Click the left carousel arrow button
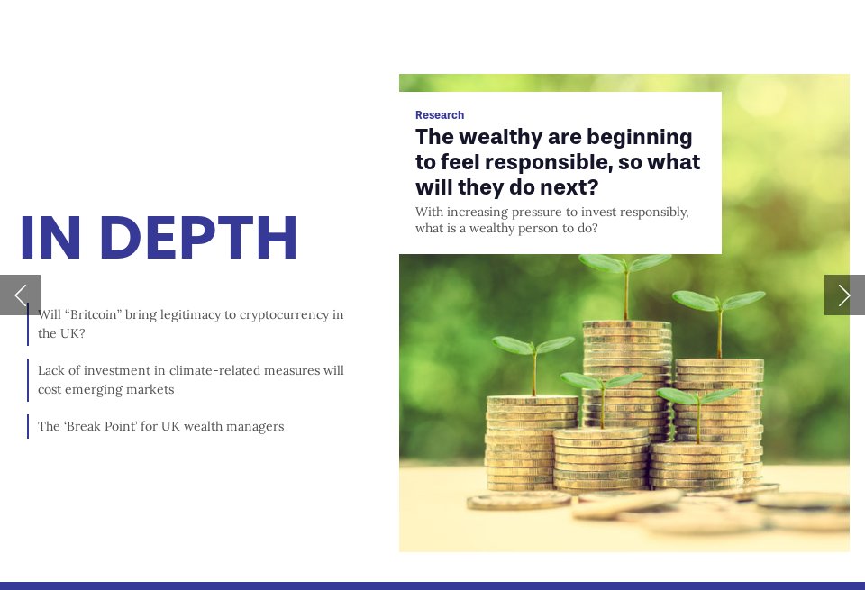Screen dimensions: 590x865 (x=20, y=295)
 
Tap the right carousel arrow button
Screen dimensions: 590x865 (x=844, y=295)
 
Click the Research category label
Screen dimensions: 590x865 (x=440, y=115)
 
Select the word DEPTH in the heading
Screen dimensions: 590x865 (x=198, y=240)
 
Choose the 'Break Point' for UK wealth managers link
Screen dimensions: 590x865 (x=160, y=426)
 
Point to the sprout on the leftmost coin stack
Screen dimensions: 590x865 (x=533, y=347)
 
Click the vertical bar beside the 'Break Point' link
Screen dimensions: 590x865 (x=28, y=426)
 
